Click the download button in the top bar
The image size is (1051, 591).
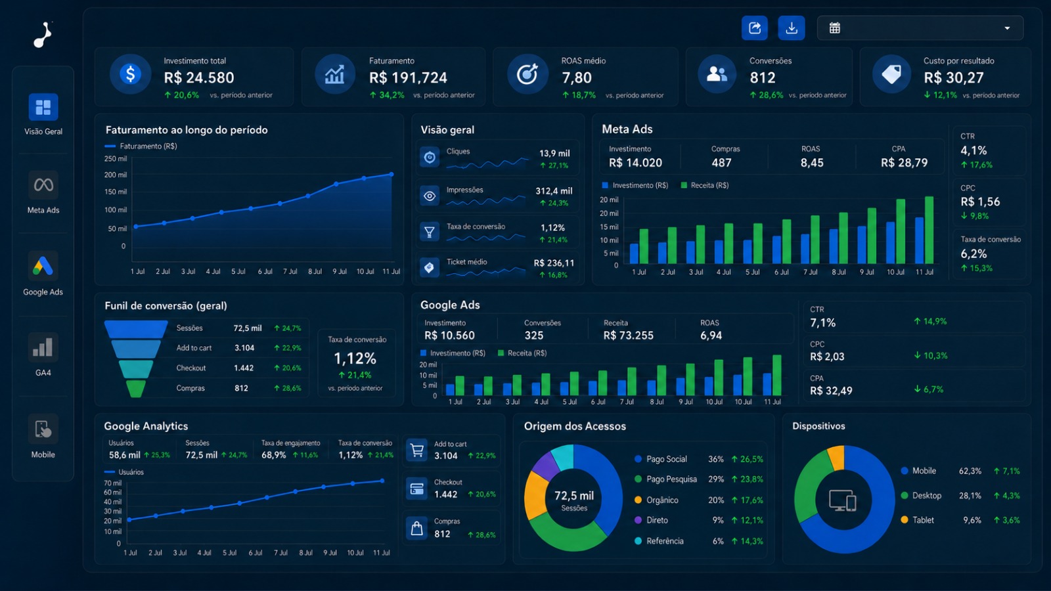[791, 28]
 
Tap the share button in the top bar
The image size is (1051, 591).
[755, 28]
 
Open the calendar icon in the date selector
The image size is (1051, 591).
[834, 28]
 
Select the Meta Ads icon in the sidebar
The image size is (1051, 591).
[43, 185]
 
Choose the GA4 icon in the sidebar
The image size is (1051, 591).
[43, 347]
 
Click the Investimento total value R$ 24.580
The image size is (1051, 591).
[199, 77]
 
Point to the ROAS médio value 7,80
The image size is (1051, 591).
[577, 77]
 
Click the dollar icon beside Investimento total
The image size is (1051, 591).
[131, 74]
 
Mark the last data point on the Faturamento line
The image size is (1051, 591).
[391, 174]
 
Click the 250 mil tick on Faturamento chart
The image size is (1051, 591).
[116, 158]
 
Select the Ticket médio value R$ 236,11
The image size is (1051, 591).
[554, 263]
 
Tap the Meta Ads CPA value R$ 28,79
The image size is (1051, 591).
[904, 163]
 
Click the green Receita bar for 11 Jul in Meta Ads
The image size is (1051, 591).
[929, 230]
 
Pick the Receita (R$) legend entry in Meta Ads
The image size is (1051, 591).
[705, 185]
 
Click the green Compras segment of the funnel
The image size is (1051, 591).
[136, 389]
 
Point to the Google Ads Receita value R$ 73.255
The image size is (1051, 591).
[628, 336]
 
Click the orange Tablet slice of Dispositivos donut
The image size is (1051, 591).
[837, 457]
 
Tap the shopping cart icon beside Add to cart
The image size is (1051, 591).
[416, 450]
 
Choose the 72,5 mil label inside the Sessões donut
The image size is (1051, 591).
[574, 495]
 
